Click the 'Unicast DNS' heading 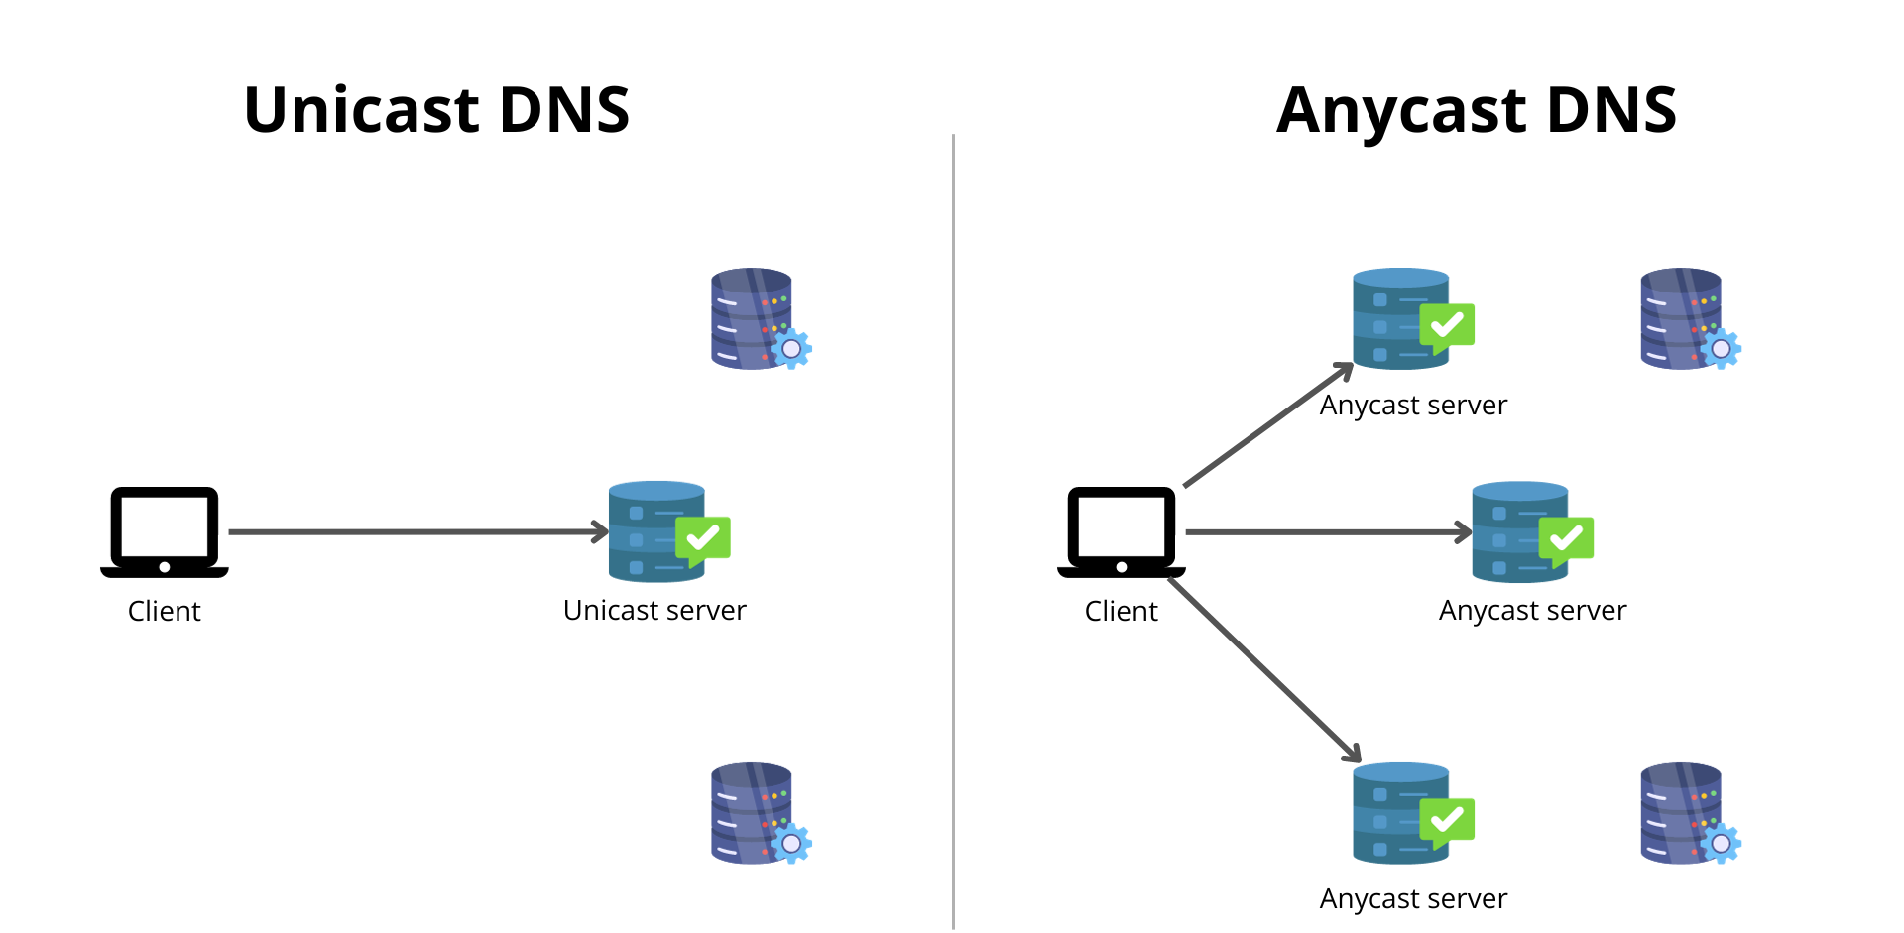(x=436, y=109)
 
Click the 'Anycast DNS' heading (x=1476, y=109)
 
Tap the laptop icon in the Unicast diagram (x=165, y=531)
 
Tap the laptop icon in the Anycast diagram (x=1121, y=531)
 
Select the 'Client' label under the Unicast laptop (x=164, y=611)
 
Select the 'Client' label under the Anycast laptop (x=1121, y=611)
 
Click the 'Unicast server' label (x=654, y=610)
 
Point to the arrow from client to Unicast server (x=416, y=532)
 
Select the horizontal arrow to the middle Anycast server (x=1329, y=532)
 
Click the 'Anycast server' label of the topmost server (x=1413, y=405)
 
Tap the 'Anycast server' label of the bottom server (x=1413, y=898)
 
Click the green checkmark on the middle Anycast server (x=1566, y=538)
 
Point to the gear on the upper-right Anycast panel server (x=1721, y=349)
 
